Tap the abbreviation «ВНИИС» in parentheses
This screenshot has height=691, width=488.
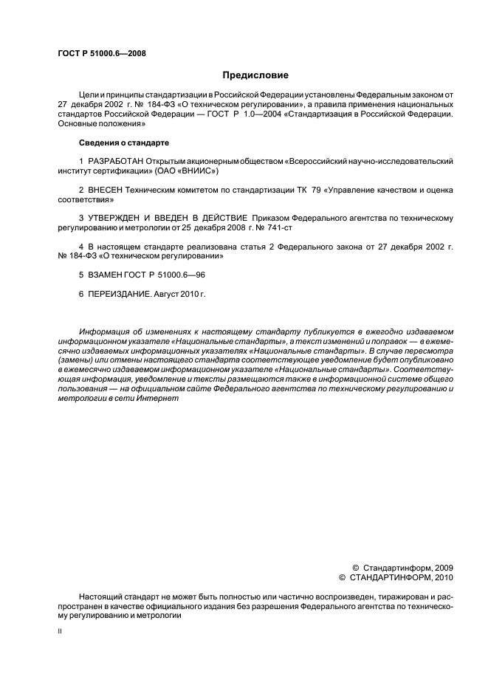click(200, 170)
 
